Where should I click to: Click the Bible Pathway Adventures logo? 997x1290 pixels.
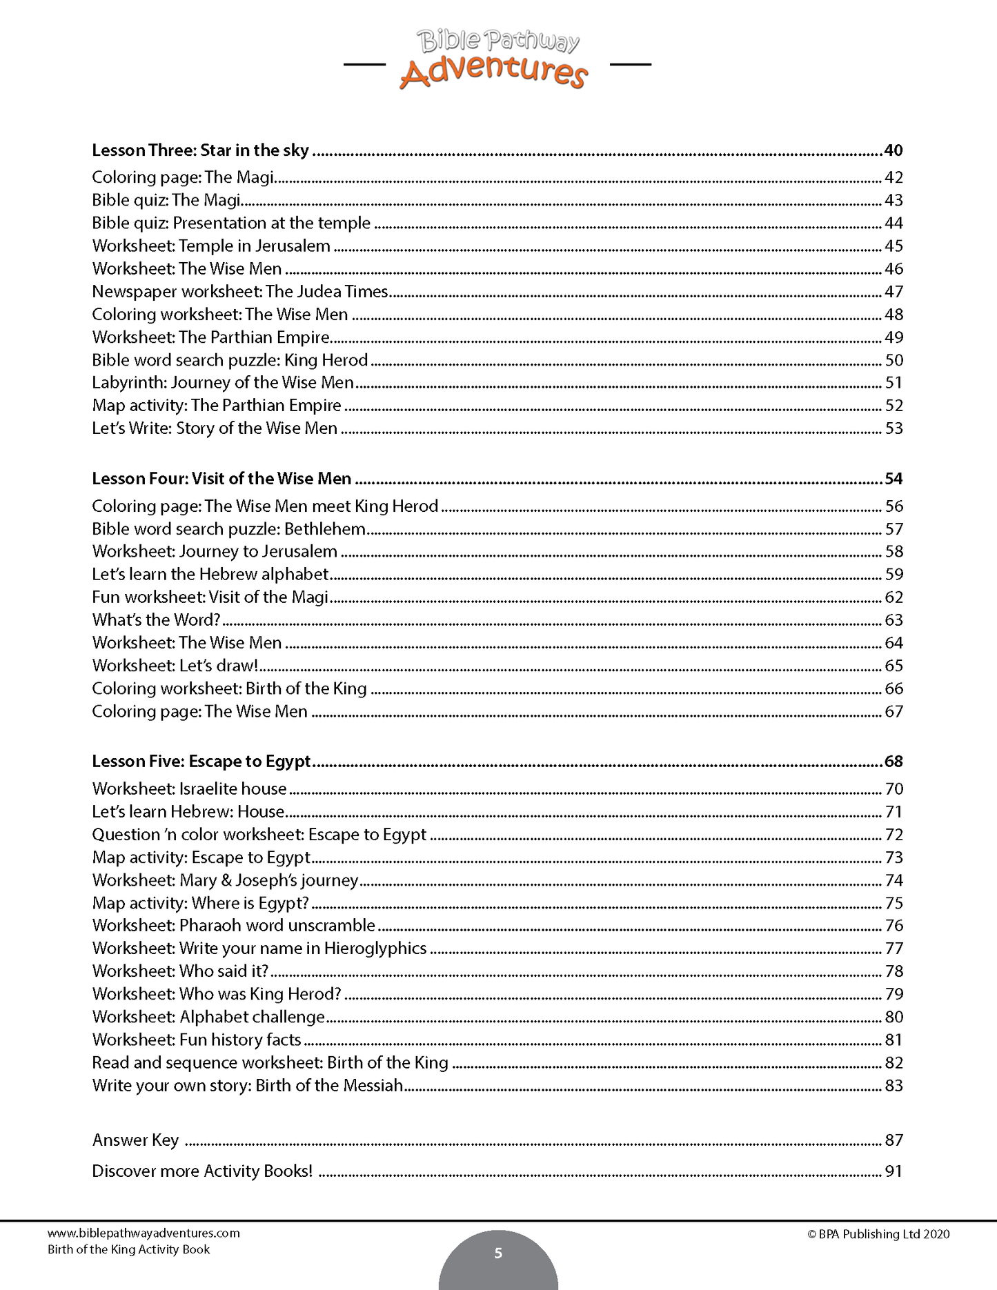click(x=495, y=59)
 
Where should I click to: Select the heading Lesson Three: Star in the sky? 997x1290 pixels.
click(x=200, y=150)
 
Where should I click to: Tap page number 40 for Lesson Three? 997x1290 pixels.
click(x=894, y=150)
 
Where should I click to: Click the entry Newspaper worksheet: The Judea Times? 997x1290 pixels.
click(x=240, y=292)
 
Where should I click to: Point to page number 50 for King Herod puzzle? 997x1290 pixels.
click(x=894, y=360)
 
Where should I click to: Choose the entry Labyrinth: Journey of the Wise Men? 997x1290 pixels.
click(x=223, y=383)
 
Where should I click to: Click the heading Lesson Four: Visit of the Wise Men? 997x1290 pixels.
click(x=221, y=479)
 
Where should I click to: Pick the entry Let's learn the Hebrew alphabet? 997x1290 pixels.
click(x=210, y=575)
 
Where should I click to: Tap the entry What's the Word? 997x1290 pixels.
click(x=156, y=620)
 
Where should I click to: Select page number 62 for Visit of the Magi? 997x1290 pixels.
click(x=894, y=597)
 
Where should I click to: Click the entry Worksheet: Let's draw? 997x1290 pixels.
click(x=175, y=666)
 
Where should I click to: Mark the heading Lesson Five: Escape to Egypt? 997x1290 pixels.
click(x=201, y=762)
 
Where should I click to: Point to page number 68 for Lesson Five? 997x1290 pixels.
click(x=894, y=762)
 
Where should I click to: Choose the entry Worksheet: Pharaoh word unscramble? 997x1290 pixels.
click(x=234, y=926)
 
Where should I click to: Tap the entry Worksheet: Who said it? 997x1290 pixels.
click(x=180, y=971)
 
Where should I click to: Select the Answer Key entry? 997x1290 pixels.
click(x=136, y=1140)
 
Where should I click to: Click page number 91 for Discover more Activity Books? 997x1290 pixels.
click(x=894, y=1171)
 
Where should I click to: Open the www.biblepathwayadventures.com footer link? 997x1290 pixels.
click(x=144, y=1233)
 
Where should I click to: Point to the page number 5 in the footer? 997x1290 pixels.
click(x=498, y=1253)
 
